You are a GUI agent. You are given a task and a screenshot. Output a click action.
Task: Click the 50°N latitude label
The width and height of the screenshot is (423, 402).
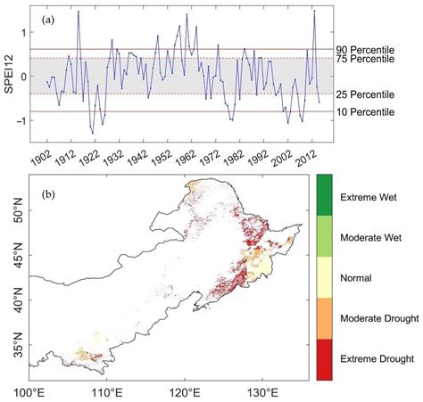pyautogui.click(x=13, y=216)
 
